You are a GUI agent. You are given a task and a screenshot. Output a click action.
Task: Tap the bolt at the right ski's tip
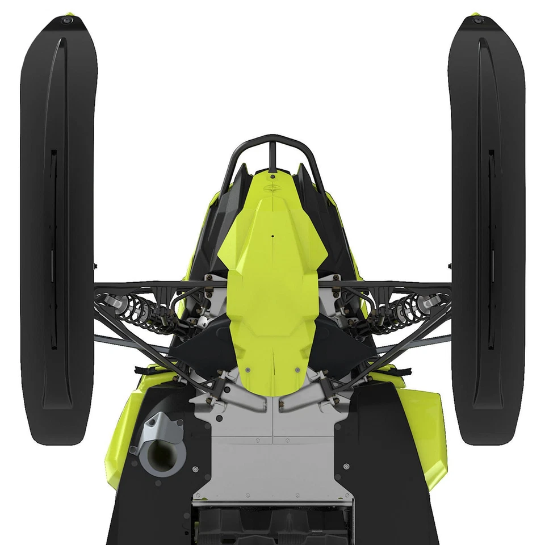pos(478,20)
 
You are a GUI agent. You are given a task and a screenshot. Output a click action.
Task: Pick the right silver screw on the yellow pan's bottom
pos(297,370)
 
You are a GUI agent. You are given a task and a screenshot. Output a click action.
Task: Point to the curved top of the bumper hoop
pos(273,138)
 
